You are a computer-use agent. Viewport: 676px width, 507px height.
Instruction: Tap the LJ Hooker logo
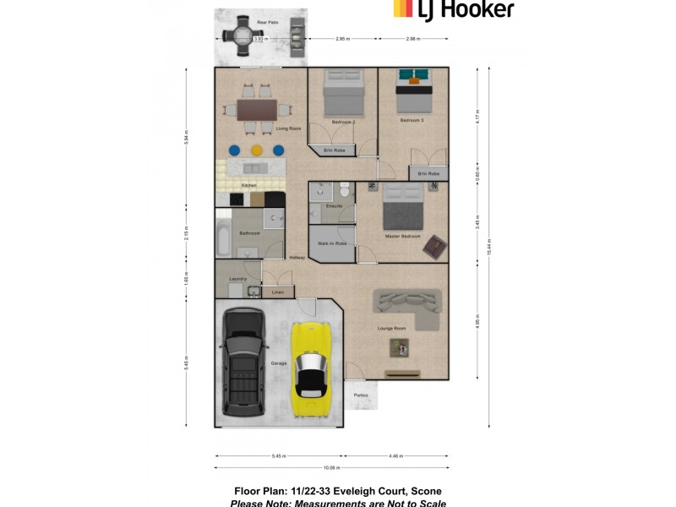[453, 9]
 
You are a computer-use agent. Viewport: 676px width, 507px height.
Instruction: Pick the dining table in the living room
[257, 110]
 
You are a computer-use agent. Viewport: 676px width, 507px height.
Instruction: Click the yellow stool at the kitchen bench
[256, 150]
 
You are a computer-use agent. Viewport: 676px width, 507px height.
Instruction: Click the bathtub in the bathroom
[222, 237]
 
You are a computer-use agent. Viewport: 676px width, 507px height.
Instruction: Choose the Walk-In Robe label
[332, 243]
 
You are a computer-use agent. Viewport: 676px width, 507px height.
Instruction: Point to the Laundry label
[237, 278]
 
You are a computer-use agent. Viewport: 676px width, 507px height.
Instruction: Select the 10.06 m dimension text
[331, 466]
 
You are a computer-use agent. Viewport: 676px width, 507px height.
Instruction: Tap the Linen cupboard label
[277, 292]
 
